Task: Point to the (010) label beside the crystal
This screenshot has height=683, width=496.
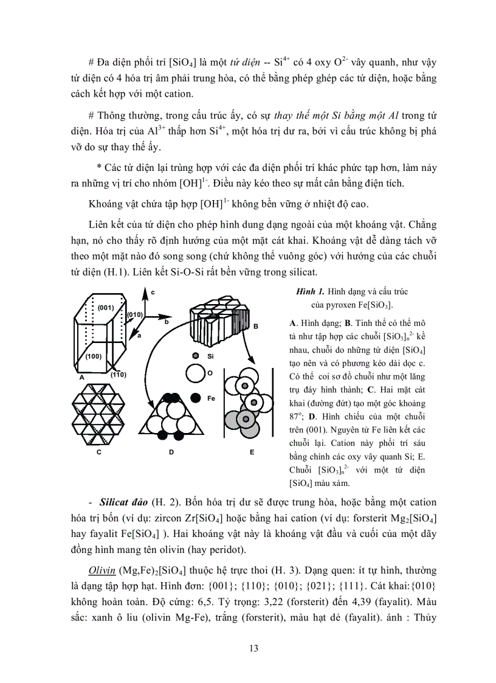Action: coord(134,314)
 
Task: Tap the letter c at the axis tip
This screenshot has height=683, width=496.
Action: coord(153,293)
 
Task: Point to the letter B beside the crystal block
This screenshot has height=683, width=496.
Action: coord(256,327)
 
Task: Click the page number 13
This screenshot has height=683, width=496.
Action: coord(254,648)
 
